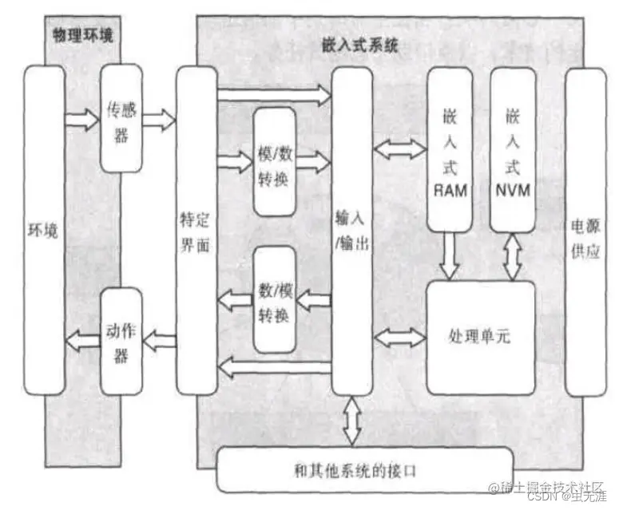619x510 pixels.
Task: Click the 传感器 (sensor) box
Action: coord(121,119)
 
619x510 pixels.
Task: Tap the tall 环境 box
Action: coord(44,230)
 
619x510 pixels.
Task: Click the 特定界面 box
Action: coord(196,230)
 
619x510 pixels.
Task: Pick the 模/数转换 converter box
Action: coord(274,162)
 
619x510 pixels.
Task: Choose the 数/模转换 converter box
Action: coord(274,299)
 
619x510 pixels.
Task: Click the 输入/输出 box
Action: coord(352,230)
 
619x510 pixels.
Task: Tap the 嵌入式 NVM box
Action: coord(512,148)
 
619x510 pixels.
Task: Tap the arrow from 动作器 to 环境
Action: coord(83,341)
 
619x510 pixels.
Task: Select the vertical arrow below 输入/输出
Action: coord(352,420)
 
